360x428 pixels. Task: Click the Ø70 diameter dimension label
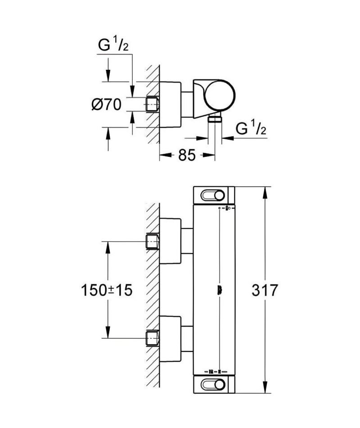(x=106, y=104)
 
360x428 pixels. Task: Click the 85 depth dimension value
(x=187, y=155)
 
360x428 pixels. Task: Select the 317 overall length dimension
(x=265, y=290)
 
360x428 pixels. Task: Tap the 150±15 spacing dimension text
(x=107, y=290)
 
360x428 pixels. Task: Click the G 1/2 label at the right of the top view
(x=251, y=128)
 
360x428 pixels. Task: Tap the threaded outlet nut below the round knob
(x=215, y=119)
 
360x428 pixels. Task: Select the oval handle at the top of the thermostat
(x=212, y=196)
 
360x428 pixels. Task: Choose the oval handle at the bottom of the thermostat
(x=212, y=385)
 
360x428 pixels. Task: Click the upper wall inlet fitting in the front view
(x=153, y=241)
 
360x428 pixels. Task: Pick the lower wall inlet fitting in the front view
(x=153, y=338)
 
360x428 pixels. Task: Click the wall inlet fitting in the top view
(x=153, y=104)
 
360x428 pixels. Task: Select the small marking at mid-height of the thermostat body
(x=220, y=290)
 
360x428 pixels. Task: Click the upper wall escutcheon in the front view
(x=170, y=241)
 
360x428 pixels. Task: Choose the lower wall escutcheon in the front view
(x=170, y=339)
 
